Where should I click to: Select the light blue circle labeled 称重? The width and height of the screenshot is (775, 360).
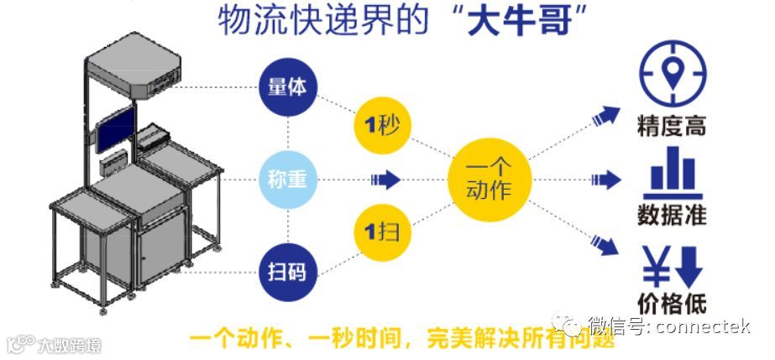(x=288, y=179)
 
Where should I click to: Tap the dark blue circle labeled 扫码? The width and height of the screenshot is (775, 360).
(x=288, y=270)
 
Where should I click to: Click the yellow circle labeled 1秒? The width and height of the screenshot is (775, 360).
(x=382, y=126)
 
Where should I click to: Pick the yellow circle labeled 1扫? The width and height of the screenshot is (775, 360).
(x=382, y=230)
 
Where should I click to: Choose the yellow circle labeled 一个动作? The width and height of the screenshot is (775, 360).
(x=488, y=179)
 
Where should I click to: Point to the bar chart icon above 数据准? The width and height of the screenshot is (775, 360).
(x=672, y=170)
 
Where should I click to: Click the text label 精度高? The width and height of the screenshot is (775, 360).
(x=672, y=127)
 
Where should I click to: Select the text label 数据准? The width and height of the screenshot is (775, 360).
(x=672, y=213)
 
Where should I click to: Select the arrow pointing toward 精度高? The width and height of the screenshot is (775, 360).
(x=605, y=115)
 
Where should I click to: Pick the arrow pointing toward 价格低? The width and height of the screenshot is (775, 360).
(x=605, y=244)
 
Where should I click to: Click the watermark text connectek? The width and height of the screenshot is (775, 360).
(x=702, y=326)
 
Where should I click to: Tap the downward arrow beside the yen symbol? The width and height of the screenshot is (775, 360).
(x=689, y=265)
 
